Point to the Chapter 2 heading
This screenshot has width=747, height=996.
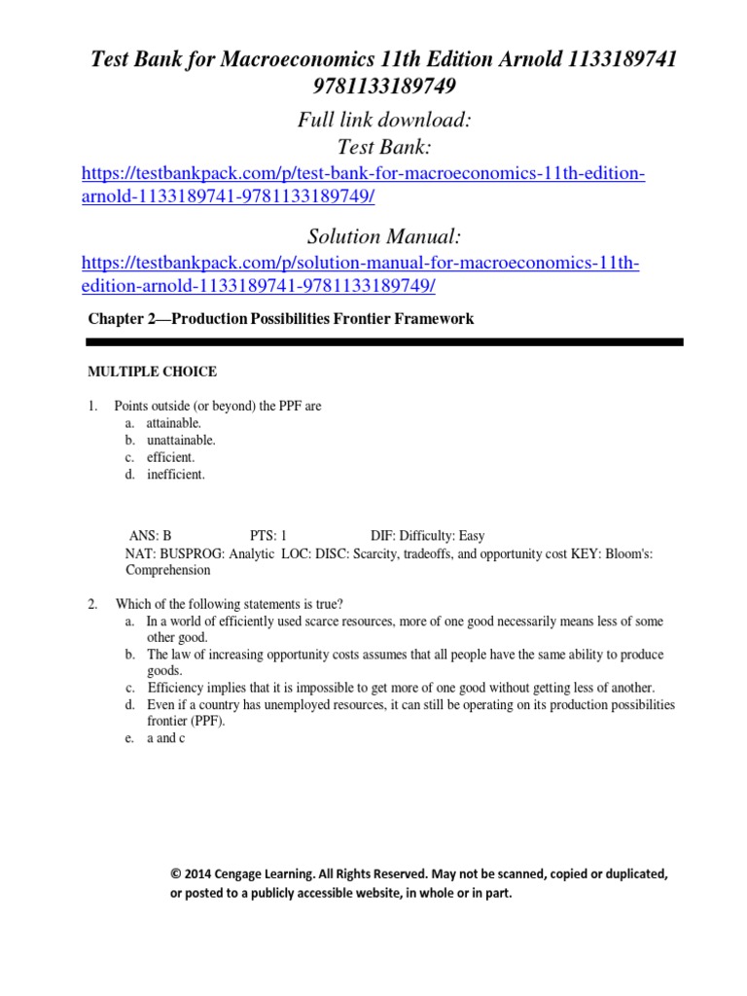281,318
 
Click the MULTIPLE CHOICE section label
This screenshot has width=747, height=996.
153,372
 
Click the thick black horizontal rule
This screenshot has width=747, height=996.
384,342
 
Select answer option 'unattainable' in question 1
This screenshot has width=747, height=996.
181,440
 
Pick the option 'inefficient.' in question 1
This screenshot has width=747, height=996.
176,475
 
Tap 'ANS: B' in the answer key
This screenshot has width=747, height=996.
151,536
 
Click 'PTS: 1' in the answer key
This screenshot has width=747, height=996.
268,536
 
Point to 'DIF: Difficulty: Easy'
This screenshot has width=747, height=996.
427,536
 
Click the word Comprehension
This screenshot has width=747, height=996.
167,571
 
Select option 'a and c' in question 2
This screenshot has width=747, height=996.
165,738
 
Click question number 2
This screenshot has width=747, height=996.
92,604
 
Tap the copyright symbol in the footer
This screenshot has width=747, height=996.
175,874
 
